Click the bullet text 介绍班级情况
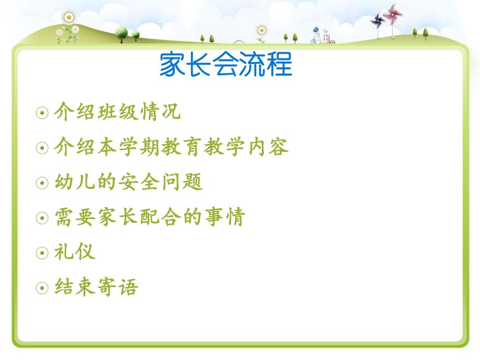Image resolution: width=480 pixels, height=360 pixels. coord(117,112)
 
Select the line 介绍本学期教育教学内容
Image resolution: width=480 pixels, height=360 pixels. coord(171,147)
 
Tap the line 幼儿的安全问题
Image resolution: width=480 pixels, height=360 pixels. coord(128,182)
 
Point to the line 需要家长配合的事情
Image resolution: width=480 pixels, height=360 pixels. coord(150,217)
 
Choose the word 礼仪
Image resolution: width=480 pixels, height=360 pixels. coord(75,252)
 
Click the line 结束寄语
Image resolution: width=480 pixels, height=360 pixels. coord(97,287)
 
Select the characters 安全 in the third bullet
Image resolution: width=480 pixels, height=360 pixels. coord(139,182)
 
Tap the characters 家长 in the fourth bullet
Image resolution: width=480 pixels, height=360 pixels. coord(117,217)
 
